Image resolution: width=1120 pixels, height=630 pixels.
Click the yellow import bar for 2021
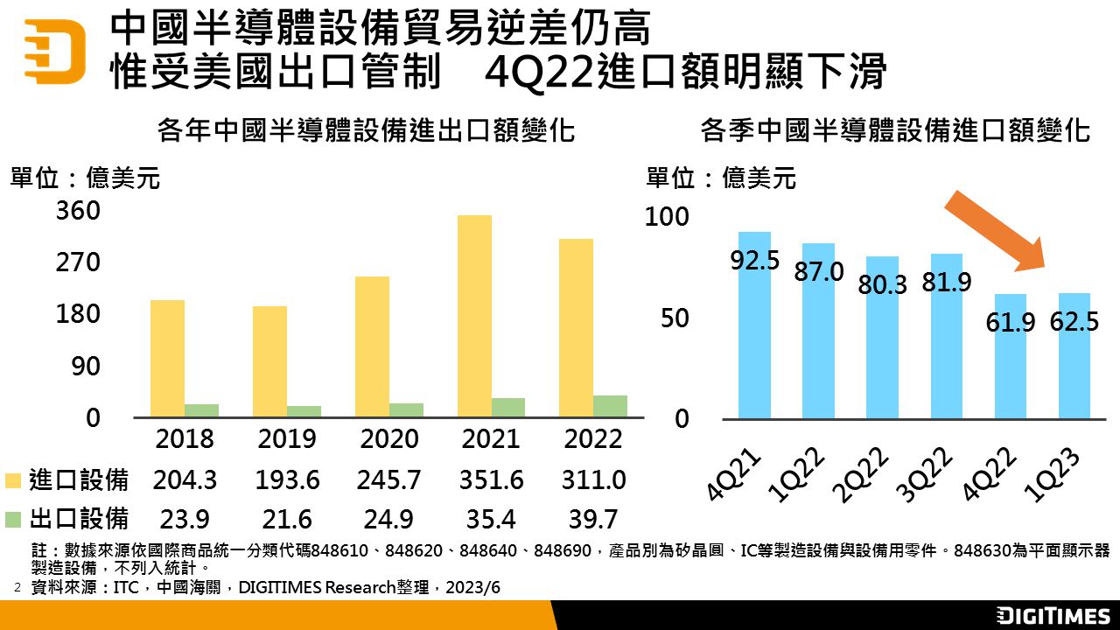(x=474, y=316)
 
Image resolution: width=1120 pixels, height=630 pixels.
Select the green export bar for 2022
(x=610, y=406)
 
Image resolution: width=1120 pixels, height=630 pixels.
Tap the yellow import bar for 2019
(x=270, y=361)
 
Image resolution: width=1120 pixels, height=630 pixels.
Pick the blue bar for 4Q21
(x=754, y=325)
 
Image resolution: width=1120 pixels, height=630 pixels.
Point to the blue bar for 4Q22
(x=1010, y=356)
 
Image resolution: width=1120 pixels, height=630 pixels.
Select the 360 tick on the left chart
(x=79, y=212)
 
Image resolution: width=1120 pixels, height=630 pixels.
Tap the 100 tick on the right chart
(x=667, y=217)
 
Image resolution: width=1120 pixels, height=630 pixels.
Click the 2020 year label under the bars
(x=388, y=438)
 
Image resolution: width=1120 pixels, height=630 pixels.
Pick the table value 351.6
(x=491, y=480)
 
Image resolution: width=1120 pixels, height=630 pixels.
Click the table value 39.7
(x=593, y=519)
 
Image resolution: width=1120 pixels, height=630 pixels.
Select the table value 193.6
(x=287, y=480)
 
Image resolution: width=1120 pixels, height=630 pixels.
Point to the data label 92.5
(x=754, y=261)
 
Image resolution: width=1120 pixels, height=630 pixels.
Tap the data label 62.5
(x=1074, y=321)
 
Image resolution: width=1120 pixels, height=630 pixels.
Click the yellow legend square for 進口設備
(x=13, y=480)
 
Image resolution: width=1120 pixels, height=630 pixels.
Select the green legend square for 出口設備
(x=13, y=519)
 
